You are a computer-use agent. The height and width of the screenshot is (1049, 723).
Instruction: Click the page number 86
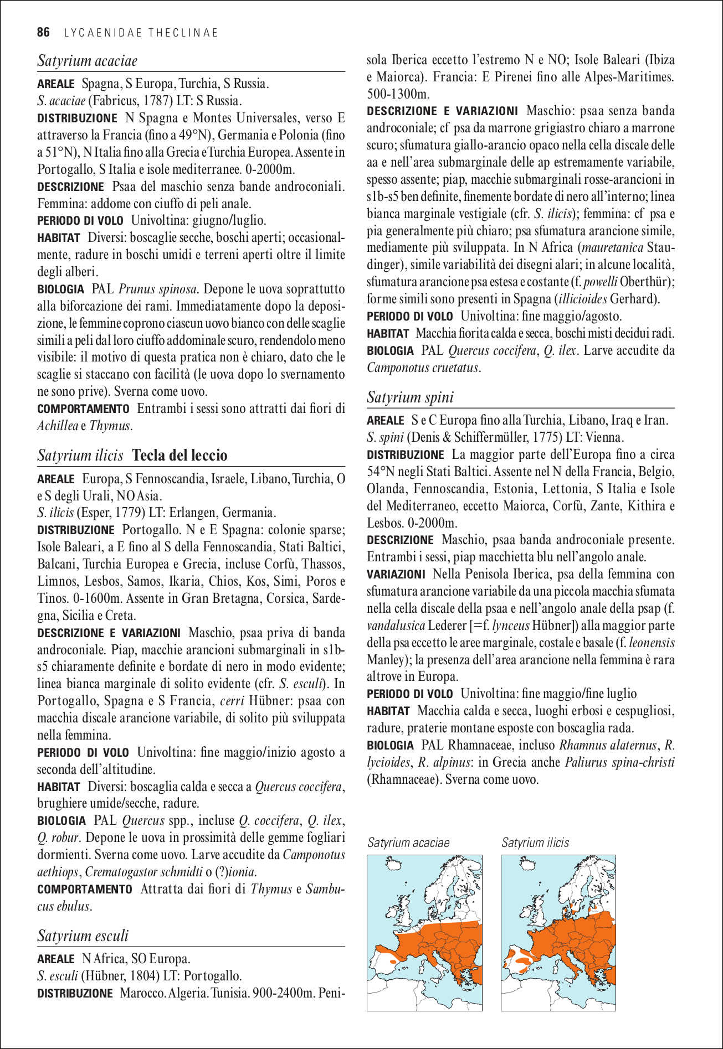pos(43,33)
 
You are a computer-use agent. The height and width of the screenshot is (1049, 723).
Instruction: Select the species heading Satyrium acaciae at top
pos(87,61)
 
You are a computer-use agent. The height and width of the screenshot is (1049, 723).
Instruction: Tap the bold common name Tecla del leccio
pos(180,456)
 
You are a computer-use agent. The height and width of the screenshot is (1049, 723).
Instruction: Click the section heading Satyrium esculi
pos(83,936)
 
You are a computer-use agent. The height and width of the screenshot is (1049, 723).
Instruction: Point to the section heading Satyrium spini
pos(410,397)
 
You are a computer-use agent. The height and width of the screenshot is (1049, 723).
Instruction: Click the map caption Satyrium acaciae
pos(408,843)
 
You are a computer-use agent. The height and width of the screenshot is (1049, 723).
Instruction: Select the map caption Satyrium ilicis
pos(535,843)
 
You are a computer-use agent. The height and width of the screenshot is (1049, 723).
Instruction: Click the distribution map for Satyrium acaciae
pos(424,933)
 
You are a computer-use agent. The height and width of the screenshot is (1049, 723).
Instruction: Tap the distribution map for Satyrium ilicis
pos(558,933)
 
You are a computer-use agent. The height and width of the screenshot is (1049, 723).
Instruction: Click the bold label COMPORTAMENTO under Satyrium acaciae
pos(83,409)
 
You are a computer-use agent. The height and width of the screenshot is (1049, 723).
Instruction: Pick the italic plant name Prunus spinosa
pos(158,289)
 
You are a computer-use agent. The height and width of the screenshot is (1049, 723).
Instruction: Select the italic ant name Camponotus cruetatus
pos(423,368)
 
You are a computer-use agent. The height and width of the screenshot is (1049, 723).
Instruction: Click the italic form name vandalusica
pos(396,626)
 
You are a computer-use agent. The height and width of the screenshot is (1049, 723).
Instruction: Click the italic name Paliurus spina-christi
pos(619,762)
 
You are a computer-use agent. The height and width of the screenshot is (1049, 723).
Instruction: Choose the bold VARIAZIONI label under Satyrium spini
pos(396,574)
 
